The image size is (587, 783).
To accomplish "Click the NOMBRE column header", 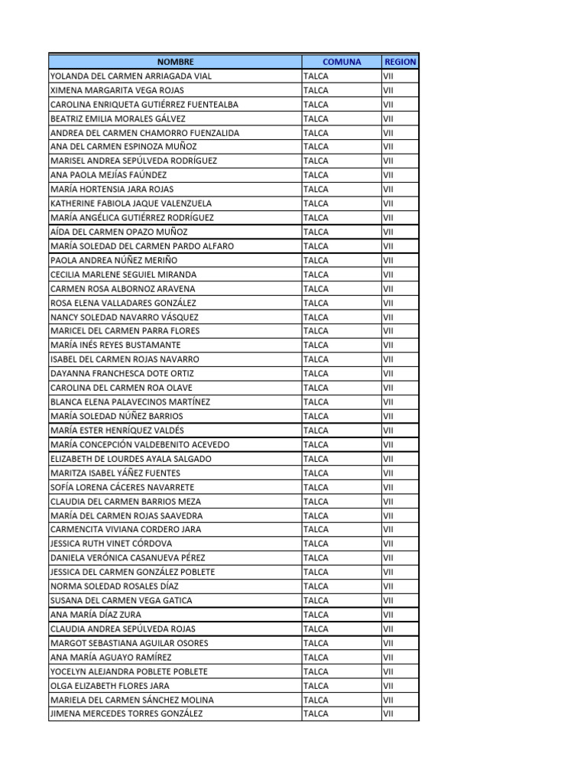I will click(x=176, y=62).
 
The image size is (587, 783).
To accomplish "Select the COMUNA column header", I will click(x=342, y=62).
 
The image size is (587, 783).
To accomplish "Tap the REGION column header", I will click(x=401, y=62).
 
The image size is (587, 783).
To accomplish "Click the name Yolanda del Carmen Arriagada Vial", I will click(x=131, y=76).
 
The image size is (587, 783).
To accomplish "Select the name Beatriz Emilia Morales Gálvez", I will click(x=118, y=119).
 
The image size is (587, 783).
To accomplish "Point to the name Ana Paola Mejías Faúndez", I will click(x=108, y=175).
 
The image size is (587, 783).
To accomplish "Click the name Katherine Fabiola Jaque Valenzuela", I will click(x=131, y=203).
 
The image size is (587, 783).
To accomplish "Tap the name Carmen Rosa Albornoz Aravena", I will click(x=122, y=288).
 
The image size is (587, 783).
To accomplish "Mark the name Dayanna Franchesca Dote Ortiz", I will click(x=122, y=373).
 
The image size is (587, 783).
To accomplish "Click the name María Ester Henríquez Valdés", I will click(x=117, y=430).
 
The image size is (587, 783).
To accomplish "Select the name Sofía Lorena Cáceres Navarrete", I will click(x=122, y=487).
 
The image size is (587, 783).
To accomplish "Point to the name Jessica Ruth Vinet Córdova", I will click(x=111, y=544).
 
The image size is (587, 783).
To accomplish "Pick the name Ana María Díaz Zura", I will click(x=96, y=614).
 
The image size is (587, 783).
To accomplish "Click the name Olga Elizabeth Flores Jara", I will click(x=109, y=685).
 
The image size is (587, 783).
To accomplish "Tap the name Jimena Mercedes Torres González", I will click(x=126, y=713).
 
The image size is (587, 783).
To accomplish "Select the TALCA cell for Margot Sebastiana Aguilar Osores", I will click(x=316, y=643).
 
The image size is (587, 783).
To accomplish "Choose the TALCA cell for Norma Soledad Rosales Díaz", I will click(x=316, y=586).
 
